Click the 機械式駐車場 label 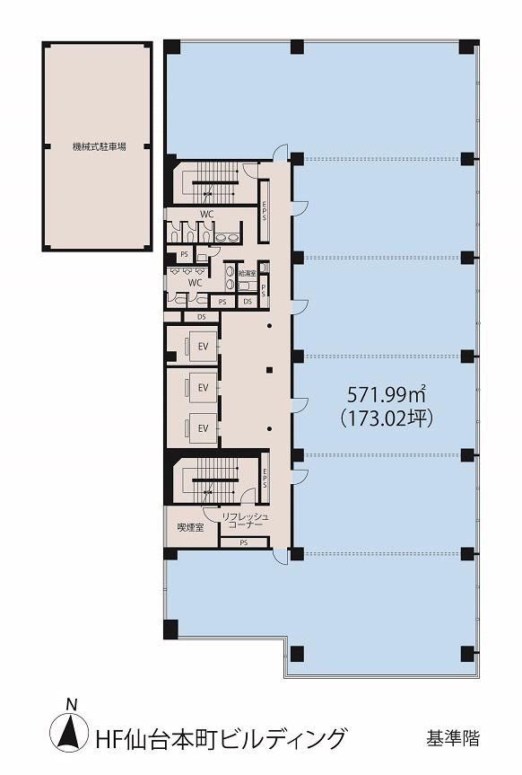click(x=99, y=146)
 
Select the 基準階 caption click(x=453, y=739)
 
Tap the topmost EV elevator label click(x=203, y=347)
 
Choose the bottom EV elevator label click(x=203, y=428)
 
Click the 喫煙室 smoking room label click(x=190, y=528)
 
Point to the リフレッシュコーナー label click(x=245, y=521)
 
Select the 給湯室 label click(x=247, y=273)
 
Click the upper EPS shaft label click(x=265, y=210)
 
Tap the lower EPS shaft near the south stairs click(x=265, y=479)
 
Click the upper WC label click(x=207, y=215)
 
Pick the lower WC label click(x=195, y=283)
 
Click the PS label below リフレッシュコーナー click(x=243, y=542)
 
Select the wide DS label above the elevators click(x=202, y=317)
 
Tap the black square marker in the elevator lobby click(x=269, y=370)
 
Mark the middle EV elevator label click(x=203, y=388)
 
